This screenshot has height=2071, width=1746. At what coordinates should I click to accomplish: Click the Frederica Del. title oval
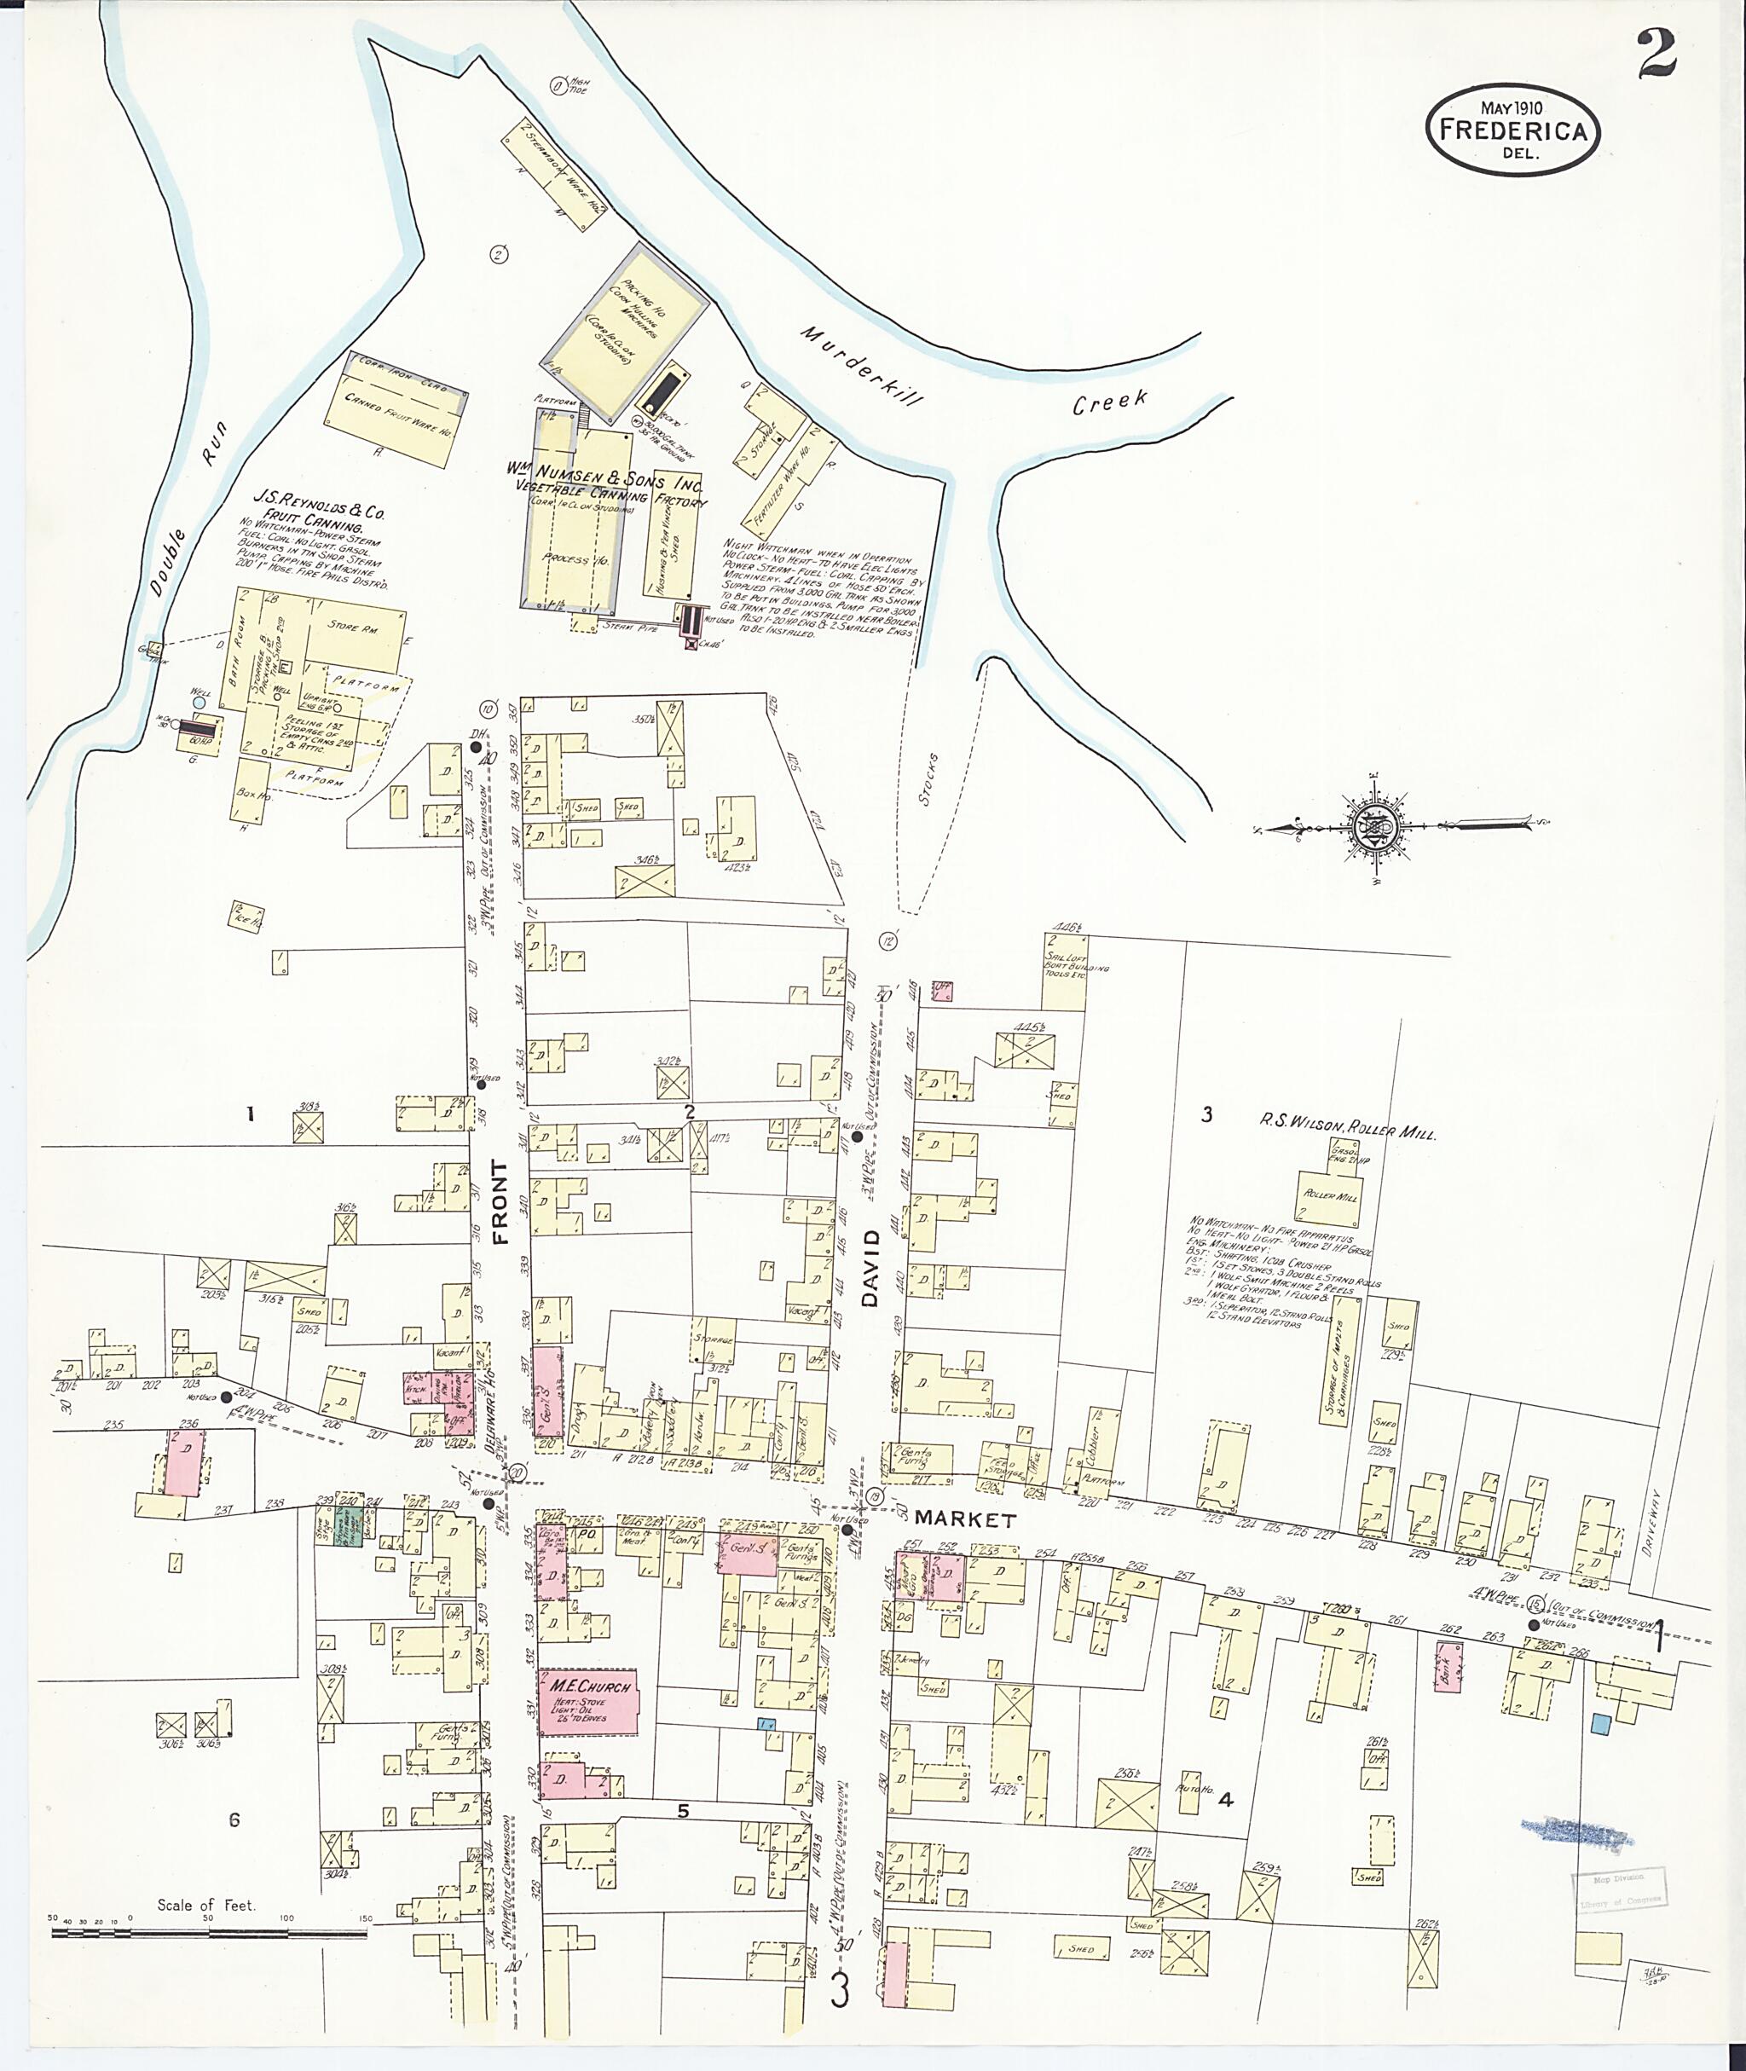click(x=1512, y=130)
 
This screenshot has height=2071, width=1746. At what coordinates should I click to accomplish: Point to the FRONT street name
click(x=499, y=1202)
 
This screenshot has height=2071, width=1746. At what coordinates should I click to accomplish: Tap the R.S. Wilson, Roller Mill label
click(x=1346, y=1125)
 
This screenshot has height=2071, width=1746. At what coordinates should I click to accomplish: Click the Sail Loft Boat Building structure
click(x=1064, y=969)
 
